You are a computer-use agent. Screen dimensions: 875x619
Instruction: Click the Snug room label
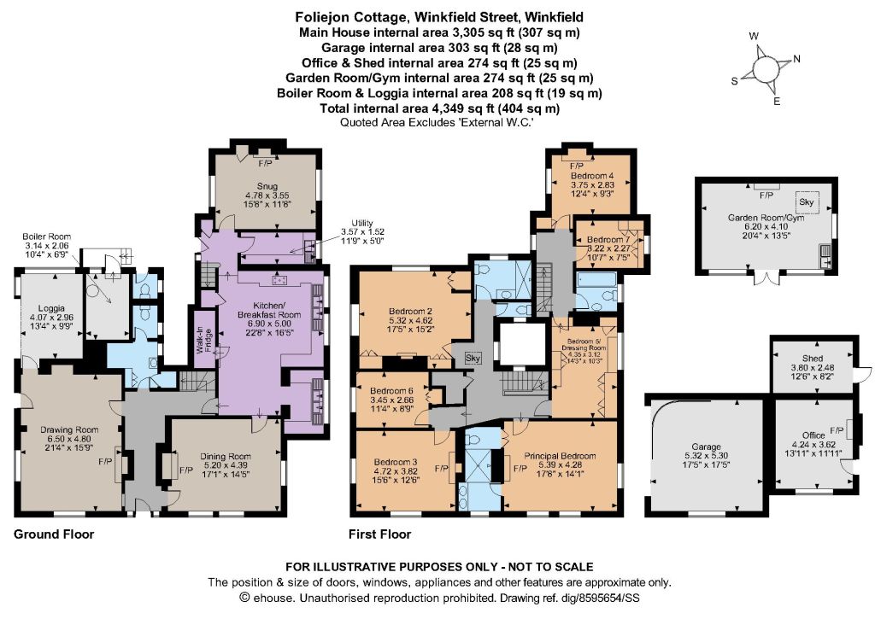pos(267,186)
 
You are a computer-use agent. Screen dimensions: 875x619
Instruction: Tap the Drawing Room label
pos(69,430)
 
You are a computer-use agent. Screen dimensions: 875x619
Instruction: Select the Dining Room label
pos(226,457)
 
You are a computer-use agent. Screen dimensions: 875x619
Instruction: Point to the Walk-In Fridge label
pos(202,341)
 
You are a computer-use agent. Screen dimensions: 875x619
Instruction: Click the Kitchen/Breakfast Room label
pos(269,310)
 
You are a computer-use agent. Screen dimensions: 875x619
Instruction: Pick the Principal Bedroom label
pos(560,456)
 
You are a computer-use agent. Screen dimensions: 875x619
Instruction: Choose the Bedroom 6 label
pos(391,391)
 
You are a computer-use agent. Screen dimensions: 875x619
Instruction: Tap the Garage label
pos(706,447)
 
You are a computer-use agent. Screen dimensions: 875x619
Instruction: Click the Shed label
pos(812,359)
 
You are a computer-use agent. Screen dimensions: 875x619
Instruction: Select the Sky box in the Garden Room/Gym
pos(807,201)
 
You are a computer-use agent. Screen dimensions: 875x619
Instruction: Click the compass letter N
pos(797,59)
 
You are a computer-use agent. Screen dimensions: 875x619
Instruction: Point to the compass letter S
pos(734,81)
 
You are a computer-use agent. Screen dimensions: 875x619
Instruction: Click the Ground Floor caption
pos(54,534)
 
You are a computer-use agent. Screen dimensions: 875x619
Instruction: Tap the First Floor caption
pos(379,534)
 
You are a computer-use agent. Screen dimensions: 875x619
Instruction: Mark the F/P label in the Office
pos(837,430)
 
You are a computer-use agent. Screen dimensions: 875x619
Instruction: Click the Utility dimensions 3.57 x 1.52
pos(362,232)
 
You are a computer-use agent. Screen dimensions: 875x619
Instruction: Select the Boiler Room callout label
pos(47,237)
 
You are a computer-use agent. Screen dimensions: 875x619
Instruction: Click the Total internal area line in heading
pos(439,108)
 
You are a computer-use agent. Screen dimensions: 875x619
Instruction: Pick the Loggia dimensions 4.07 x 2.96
pos(51,317)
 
